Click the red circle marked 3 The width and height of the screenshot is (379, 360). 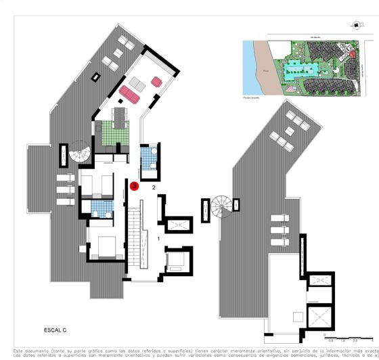[x=134, y=185]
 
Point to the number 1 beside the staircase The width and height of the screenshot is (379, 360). [x=158, y=239]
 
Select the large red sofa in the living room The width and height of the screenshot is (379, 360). [x=129, y=95]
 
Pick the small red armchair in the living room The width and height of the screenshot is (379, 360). [x=156, y=82]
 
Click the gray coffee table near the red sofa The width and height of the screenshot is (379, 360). [x=138, y=83]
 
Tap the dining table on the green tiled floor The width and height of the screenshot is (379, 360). [x=120, y=118]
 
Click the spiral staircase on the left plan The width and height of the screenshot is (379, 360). [x=81, y=156]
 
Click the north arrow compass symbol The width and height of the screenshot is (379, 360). [x=355, y=24]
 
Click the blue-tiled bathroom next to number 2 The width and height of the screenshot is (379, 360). [x=148, y=161]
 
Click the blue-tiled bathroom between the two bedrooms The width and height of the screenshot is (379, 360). [x=100, y=208]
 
